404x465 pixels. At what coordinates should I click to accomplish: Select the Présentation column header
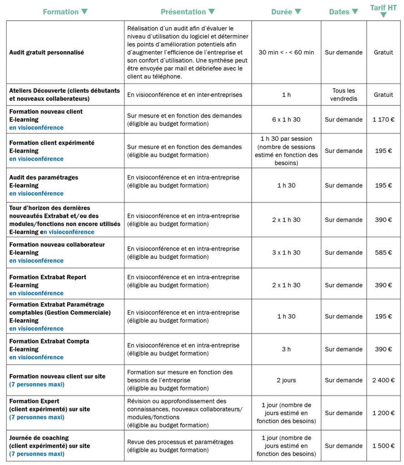point(188,12)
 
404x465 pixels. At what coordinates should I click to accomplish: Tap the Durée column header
point(286,12)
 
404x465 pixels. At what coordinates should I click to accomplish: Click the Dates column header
point(344,12)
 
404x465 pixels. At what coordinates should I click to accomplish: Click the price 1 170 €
point(383,119)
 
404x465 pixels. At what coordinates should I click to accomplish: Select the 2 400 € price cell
point(383,380)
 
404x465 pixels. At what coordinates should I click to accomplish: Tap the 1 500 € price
point(383,445)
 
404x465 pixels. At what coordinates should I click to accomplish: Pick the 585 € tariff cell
point(383,252)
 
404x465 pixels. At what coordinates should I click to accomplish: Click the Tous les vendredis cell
point(344,94)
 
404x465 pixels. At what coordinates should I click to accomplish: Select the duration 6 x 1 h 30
point(286,119)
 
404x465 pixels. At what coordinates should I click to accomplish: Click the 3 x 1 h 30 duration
point(286,252)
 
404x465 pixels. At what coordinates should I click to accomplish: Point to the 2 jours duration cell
point(286,380)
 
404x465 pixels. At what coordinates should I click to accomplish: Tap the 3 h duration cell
point(286,349)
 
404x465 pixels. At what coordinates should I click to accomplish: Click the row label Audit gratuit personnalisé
point(46,52)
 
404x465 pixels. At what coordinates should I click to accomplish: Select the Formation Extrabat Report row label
point(48,277)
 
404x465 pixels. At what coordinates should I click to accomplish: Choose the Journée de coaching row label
point(39,438)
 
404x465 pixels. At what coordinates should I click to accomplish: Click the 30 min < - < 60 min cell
point(286,52)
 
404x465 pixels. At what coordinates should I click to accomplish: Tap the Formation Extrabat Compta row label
point(49,341)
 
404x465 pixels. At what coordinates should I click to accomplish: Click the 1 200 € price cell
point(383,413)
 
